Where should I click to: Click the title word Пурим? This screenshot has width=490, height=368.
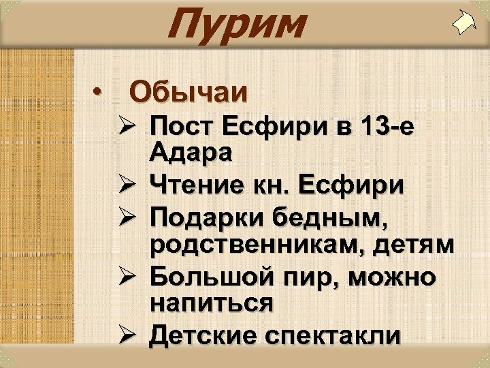[x=235, y=24]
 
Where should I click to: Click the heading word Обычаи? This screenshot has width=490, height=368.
[x=189, y=91]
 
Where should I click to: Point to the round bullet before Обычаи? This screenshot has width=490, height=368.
[x=99, y=91]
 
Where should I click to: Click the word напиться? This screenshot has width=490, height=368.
[x=212, y=303]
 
